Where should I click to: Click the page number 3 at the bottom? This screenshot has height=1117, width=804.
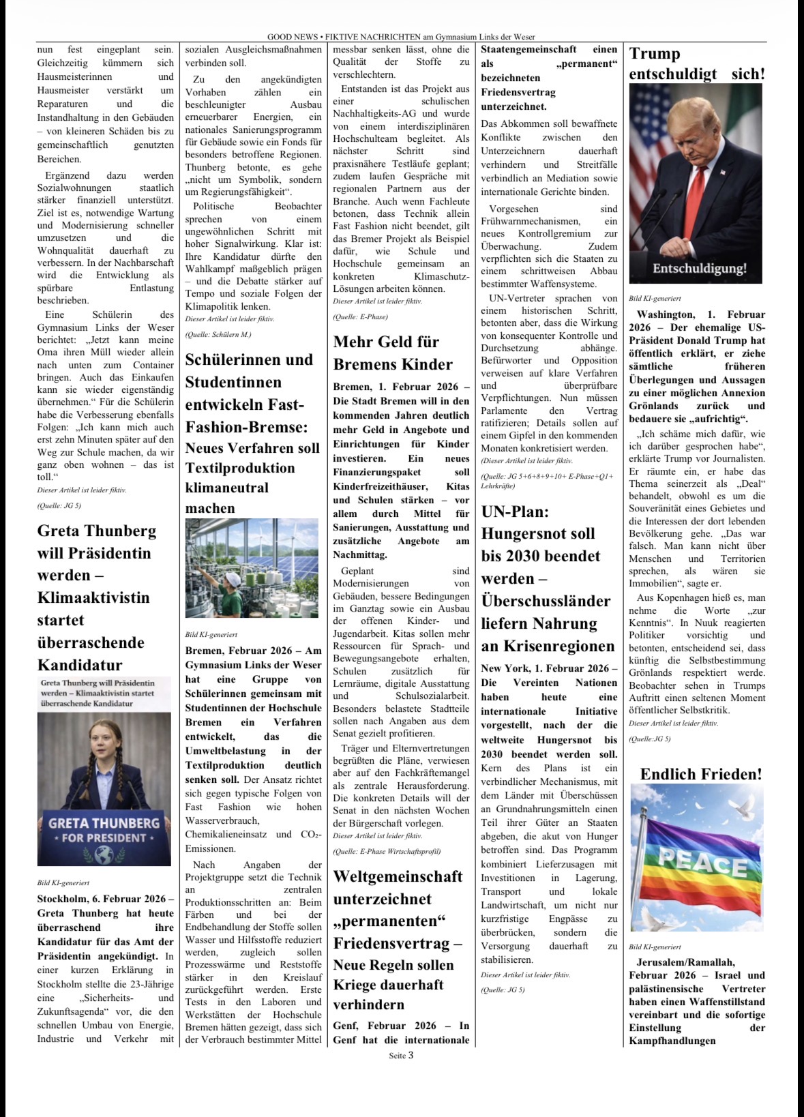(411, 1056)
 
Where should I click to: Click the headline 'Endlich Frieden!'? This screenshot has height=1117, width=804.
(701, 774)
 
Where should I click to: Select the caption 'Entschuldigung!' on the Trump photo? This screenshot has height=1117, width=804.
(699, 268)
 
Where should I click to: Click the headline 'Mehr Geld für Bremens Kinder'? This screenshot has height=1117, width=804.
(393, 353)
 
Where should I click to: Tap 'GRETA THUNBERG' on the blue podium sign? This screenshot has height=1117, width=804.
(104, 823)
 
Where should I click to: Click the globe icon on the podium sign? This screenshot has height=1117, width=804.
(104, 854)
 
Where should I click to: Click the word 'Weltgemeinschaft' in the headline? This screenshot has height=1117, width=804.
(398, 876)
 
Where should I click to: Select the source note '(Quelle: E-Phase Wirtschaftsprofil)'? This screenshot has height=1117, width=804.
(387, 851)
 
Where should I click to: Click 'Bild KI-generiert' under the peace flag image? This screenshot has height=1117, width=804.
(655, 947)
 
